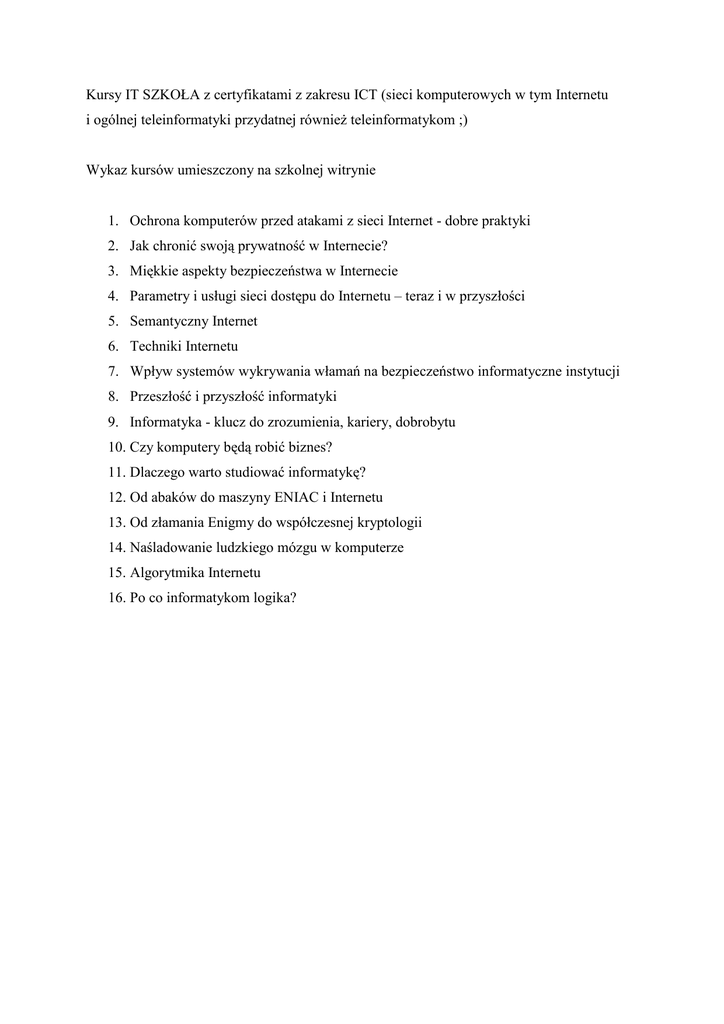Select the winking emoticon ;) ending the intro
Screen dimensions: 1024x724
460,120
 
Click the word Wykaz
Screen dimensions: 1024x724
105,170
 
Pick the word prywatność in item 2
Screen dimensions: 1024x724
261,246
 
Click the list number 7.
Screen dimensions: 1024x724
113,371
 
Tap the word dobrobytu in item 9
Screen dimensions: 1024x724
426,422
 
